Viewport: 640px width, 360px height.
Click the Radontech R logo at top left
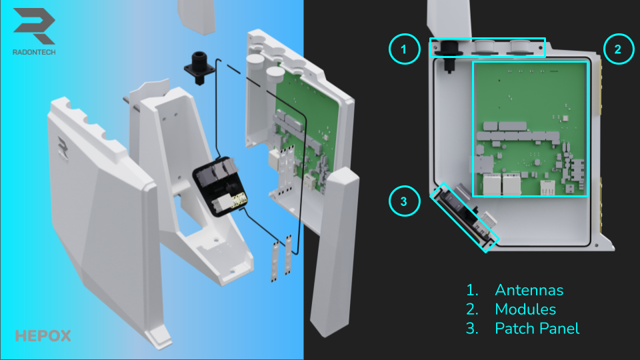click(x=34, y=26)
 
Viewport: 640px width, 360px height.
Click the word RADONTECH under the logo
click(x=34, y=52)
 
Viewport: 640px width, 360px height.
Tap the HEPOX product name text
click(x=43, y=336)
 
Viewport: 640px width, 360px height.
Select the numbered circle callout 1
click(x=405, y=49)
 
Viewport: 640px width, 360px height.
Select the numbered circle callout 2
click(x=619, y=49)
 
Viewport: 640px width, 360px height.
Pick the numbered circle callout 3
click(x=405, y=201)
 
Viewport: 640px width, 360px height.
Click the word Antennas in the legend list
click(x=529, y=290)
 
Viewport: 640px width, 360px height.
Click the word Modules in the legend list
click(x=525, y=309)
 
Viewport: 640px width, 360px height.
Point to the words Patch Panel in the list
click(x=537, y=329)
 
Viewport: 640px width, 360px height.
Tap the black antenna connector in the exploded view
click(x=199, y=68)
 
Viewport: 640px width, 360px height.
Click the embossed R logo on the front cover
click(x=63, y=147)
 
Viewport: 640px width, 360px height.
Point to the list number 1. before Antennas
click(x=472, y=290)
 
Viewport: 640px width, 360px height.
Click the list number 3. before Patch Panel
click(x=472, y=329)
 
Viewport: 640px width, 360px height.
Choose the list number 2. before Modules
click(x=472, y=309)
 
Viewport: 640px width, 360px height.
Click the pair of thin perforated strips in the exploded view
click(x=282, y=259)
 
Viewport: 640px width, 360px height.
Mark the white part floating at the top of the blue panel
click(x=197, y=16)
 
